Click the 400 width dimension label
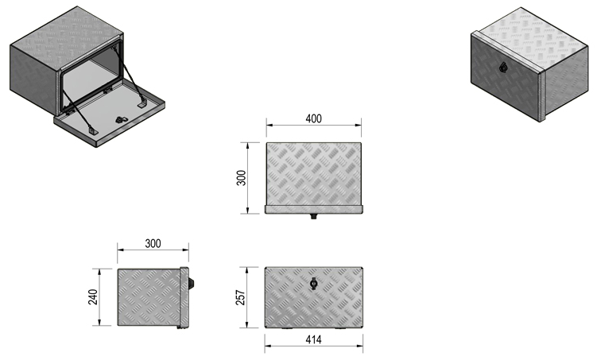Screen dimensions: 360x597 pos(313,118)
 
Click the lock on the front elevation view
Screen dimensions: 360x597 pos(314,283)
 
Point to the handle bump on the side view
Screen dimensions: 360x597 pos(194,283)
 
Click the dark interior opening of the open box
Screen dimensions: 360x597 pos(91,76)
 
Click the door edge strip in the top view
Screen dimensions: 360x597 pos(314,209)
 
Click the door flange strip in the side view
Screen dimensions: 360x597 pos(186,298)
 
